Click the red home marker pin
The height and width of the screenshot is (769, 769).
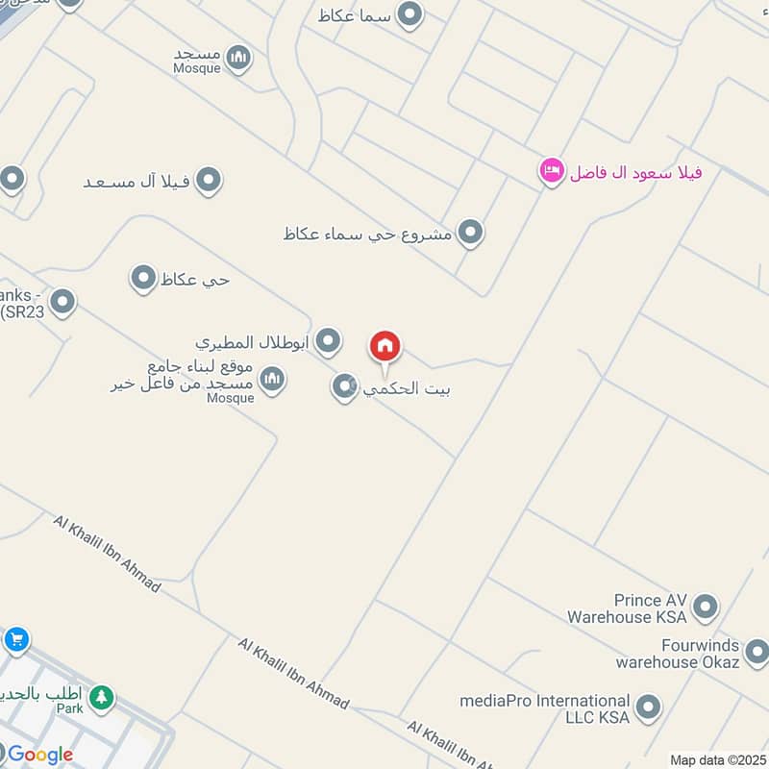coord(384,347)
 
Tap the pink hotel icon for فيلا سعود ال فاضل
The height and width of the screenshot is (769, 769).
coord(551,171)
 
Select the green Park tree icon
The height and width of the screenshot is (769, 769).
coord(101,698)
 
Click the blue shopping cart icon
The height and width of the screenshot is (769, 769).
coord(15,638)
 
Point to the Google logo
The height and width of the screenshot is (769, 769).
coord(39,755)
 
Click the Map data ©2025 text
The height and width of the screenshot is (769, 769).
coord(718,760)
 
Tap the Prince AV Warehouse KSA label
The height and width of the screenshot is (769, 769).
coord(627,608)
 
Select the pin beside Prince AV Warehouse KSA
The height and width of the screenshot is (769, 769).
coord(706,607)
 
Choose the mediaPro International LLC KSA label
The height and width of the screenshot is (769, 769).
coord(545,709)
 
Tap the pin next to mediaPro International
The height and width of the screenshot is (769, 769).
coord(649,707)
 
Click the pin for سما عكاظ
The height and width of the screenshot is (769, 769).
coord(410,14)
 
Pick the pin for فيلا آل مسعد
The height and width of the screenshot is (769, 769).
coord(208,180)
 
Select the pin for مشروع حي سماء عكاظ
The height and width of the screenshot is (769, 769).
coord(469,232)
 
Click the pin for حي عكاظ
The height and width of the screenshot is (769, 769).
coord(143,279)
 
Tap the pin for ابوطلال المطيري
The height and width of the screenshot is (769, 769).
coord(329,340)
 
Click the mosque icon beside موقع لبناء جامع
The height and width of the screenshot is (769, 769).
coord(273,379)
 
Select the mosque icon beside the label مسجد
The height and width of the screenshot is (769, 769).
coord(238,58)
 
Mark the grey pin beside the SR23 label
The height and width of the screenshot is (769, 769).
coord(62,303)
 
